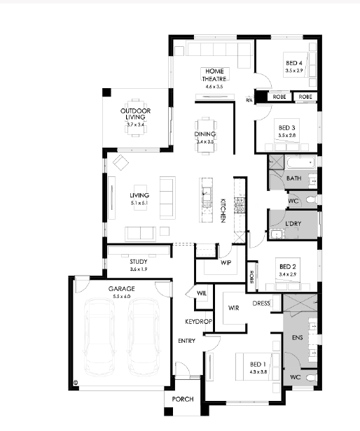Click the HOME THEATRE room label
coord(214,75)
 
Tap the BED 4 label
coord(294,63)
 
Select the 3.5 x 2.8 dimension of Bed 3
coord(286,135)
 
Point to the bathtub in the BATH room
coord(300,162)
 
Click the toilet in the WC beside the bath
coord(311,200)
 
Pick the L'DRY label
coord(293,223)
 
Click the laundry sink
coord(275,234)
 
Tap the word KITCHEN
coord(223,211)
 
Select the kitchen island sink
coord(206,191)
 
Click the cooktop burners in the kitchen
coord(239,205)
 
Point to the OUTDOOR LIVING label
coord(135,114)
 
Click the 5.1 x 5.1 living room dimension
coord(139,203)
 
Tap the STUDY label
coord(139,262)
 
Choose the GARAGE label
coord(121,288)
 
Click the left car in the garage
coord(99,337)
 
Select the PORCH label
coord(183,399)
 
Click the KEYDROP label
coord(198,321)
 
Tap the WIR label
coord(233,308)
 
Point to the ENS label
coord(297,337)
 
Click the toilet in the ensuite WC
coord(311,378)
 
